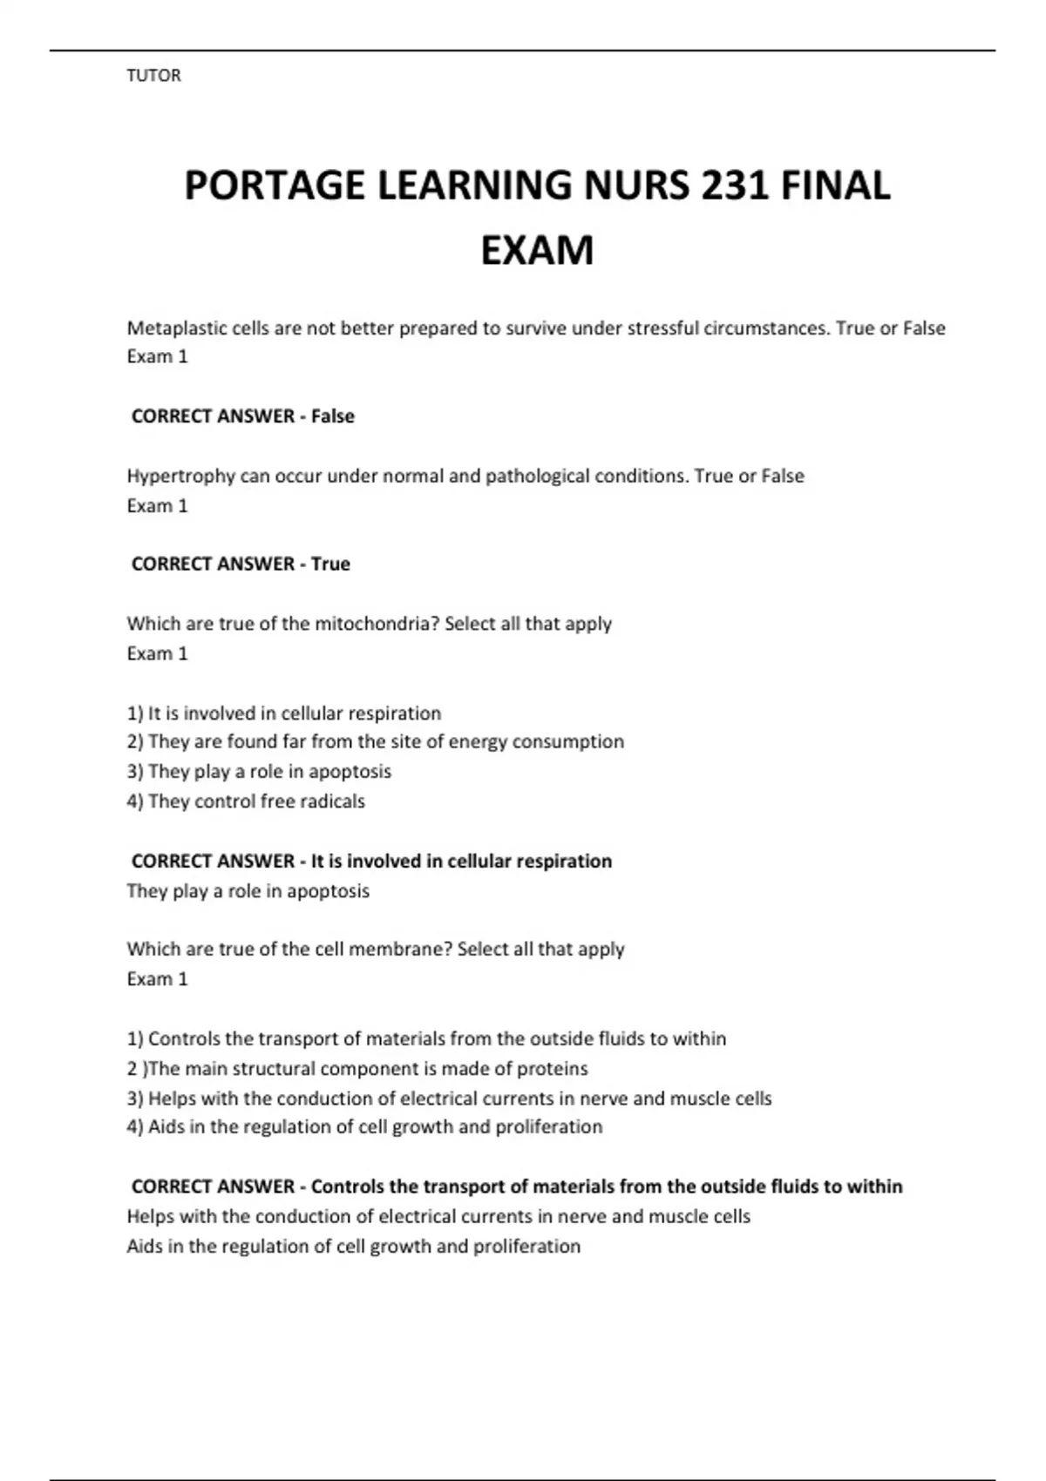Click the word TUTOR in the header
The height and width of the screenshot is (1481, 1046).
(x=153, y=76)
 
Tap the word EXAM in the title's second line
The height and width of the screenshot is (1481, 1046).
(x=537, y=251)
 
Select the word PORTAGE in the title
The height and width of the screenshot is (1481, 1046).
(x=275, y=186)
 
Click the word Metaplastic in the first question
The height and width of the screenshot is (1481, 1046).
(x=173, y=328)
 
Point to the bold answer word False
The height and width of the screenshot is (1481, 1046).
(x=332, y=416)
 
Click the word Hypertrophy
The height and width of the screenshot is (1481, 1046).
(x=178, y=477)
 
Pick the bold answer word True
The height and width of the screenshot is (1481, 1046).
(x=330, y=565)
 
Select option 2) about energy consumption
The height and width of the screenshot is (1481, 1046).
(x=375, y=741)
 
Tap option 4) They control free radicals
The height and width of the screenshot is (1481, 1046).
(x=246, y=801)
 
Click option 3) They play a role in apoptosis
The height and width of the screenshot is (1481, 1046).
(x=259, y=772)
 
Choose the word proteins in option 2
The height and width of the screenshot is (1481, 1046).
(x=553, y=1069)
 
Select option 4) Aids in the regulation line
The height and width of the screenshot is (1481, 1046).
(x=364, y=1127)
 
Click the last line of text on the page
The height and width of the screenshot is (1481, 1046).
(x=353, y=1247)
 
